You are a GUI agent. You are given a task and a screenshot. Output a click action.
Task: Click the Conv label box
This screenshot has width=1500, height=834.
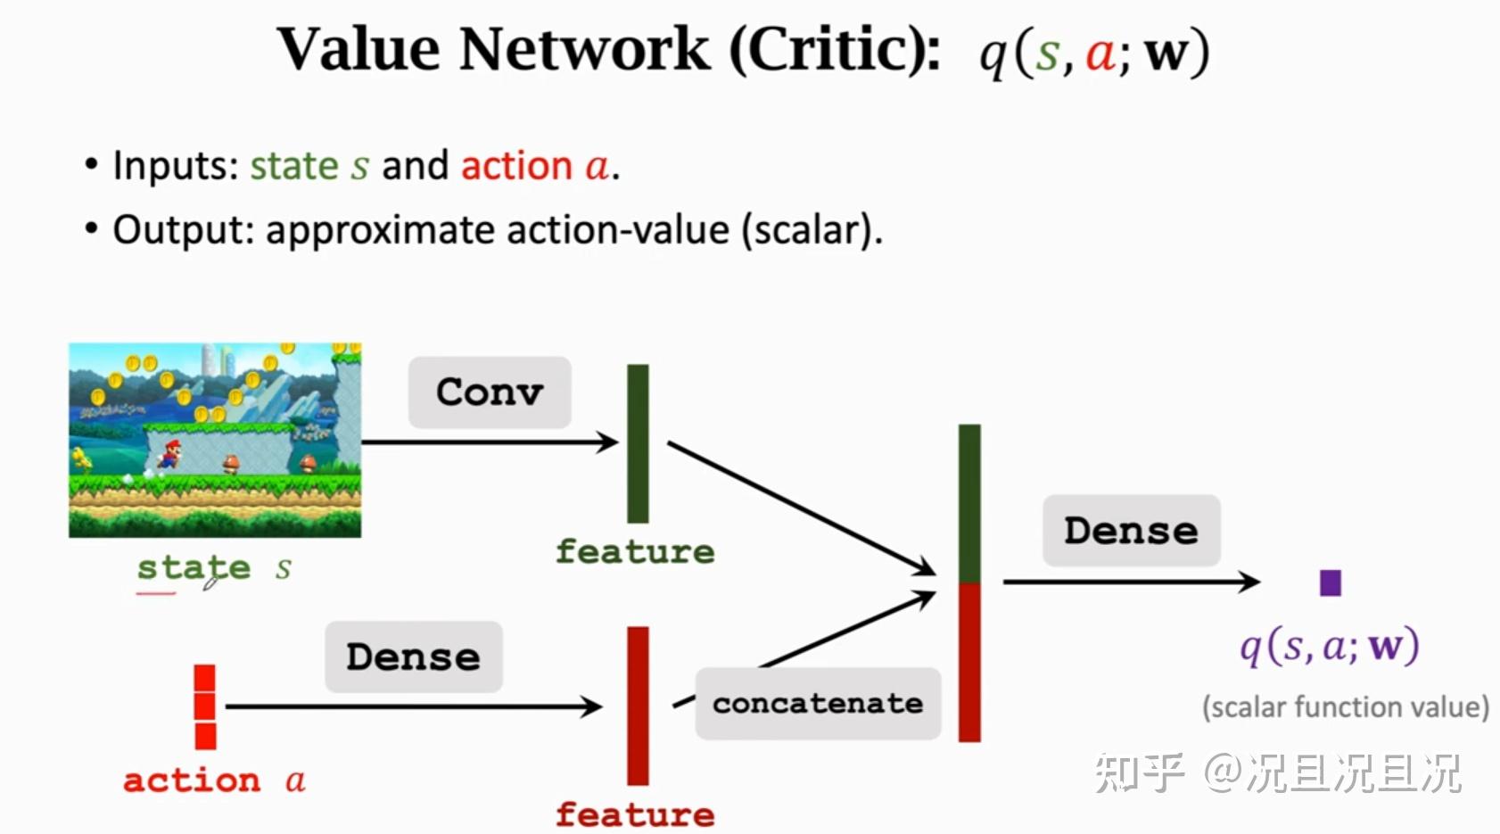(490, 392)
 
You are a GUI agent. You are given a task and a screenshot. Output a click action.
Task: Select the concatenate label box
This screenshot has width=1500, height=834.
(818, 704)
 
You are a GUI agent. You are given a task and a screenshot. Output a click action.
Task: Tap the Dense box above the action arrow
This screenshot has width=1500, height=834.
(413, 656)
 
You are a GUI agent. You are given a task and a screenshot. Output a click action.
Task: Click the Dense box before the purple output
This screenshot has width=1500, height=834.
(1131, 531)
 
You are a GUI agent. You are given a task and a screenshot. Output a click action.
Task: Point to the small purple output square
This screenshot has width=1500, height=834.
(1330, 582)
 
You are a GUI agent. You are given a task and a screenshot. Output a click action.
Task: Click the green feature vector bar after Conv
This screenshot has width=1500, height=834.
(638, 443)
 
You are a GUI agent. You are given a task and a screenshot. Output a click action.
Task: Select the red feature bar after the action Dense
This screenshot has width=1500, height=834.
(638, 706)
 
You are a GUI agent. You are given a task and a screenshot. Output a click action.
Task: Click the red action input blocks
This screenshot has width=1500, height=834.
(205, 706)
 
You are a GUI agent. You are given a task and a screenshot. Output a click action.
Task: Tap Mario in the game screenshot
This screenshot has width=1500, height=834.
(169, 454)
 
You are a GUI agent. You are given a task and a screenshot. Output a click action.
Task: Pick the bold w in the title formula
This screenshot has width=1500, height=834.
(1166, 54)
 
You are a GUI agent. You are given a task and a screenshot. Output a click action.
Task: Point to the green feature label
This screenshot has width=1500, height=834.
(635, 551)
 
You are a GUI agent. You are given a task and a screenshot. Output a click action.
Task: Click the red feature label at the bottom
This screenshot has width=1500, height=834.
(635, 814)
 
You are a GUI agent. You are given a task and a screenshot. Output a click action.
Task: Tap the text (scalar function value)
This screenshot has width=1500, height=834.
(1346, 707)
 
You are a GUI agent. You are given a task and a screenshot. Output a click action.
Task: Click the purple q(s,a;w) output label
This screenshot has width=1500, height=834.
(1330, 647)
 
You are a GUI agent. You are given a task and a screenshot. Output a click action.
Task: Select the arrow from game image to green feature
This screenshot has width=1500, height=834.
(490, 442)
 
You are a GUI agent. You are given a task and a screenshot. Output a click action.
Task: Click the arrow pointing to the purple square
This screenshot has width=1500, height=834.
(1132, 582)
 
